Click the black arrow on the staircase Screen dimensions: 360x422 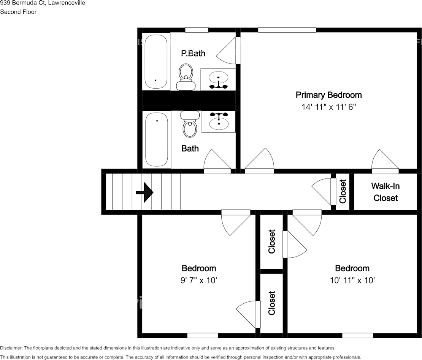[145, 192]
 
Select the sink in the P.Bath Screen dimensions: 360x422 [218, 78]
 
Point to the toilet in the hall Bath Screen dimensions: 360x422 [190, 124]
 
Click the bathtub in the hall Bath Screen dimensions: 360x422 [156, 139]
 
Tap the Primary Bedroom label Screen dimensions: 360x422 [328, 95]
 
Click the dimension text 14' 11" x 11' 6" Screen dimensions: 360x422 [328, 107]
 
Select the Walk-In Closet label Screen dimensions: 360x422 [385, 192]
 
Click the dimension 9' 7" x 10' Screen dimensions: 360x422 [198, 280]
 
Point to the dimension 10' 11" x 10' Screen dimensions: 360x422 [352, 280]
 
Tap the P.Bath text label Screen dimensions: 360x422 [193, 53]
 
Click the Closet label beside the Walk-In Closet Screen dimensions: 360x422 [343, 191]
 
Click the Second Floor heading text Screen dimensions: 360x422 [18, 12]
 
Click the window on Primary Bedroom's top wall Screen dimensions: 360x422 [287, 30]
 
